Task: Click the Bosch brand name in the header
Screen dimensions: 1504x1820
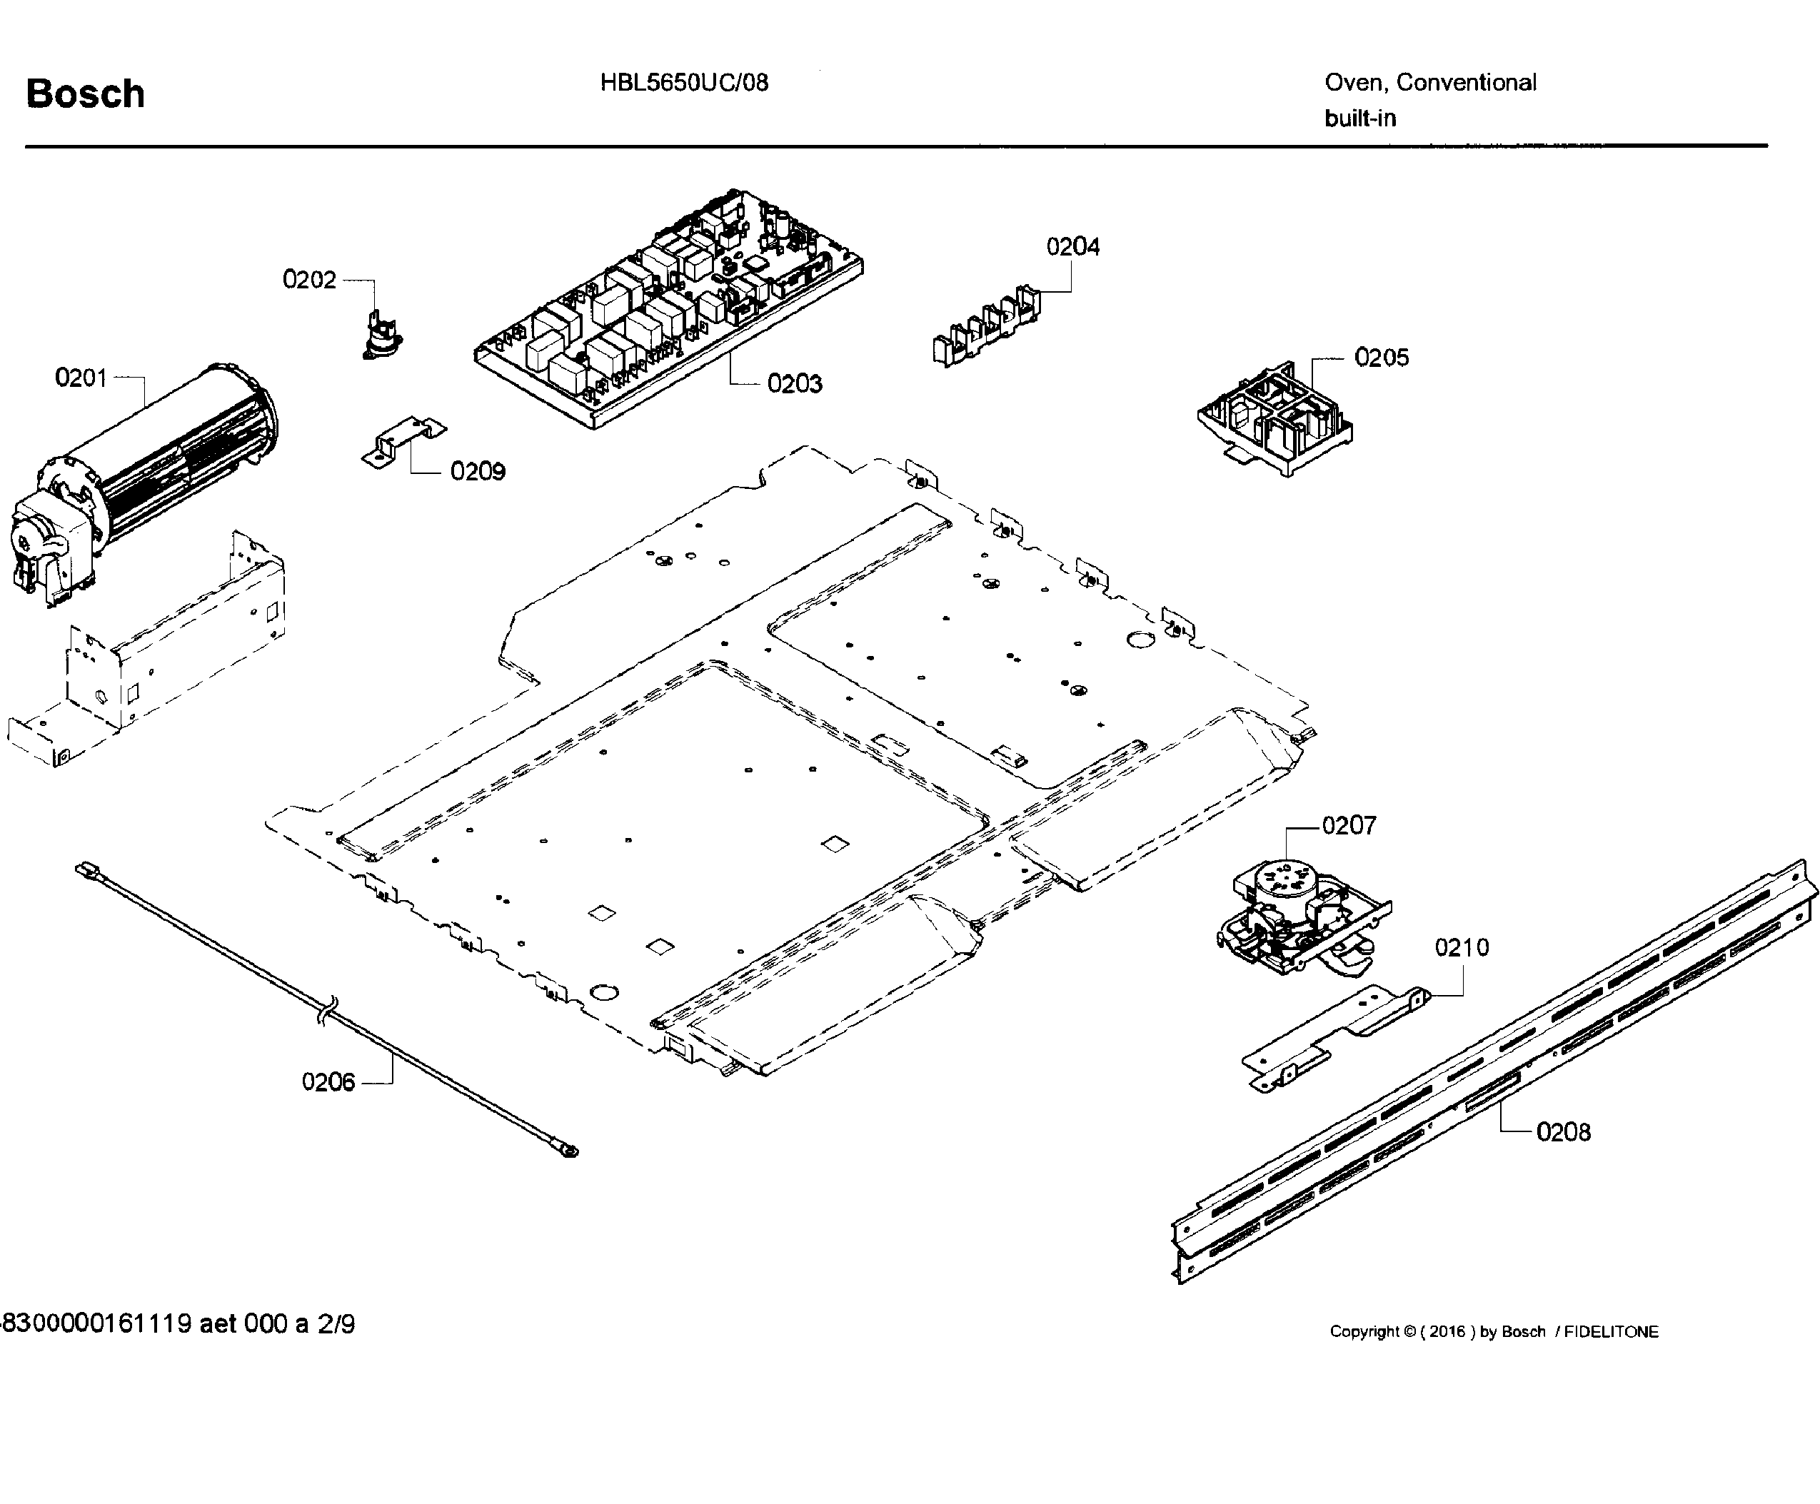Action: (x=85, y=94)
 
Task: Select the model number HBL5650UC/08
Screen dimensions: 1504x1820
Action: (x=684, y=84)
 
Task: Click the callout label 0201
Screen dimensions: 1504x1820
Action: (x=81, y=378)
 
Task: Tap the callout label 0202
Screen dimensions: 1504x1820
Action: (x=308, y=280)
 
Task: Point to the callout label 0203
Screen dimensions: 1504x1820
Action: (x=794, y=384)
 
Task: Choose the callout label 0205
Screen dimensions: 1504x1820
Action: (x=1381, y=358)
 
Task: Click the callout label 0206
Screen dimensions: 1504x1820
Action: (x=328, y=1082)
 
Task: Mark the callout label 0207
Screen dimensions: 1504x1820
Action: (x=1349, y=826)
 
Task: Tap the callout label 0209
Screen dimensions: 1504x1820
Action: (x=478, y=471)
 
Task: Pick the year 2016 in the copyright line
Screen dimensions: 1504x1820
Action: (x=1447, y=1331)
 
